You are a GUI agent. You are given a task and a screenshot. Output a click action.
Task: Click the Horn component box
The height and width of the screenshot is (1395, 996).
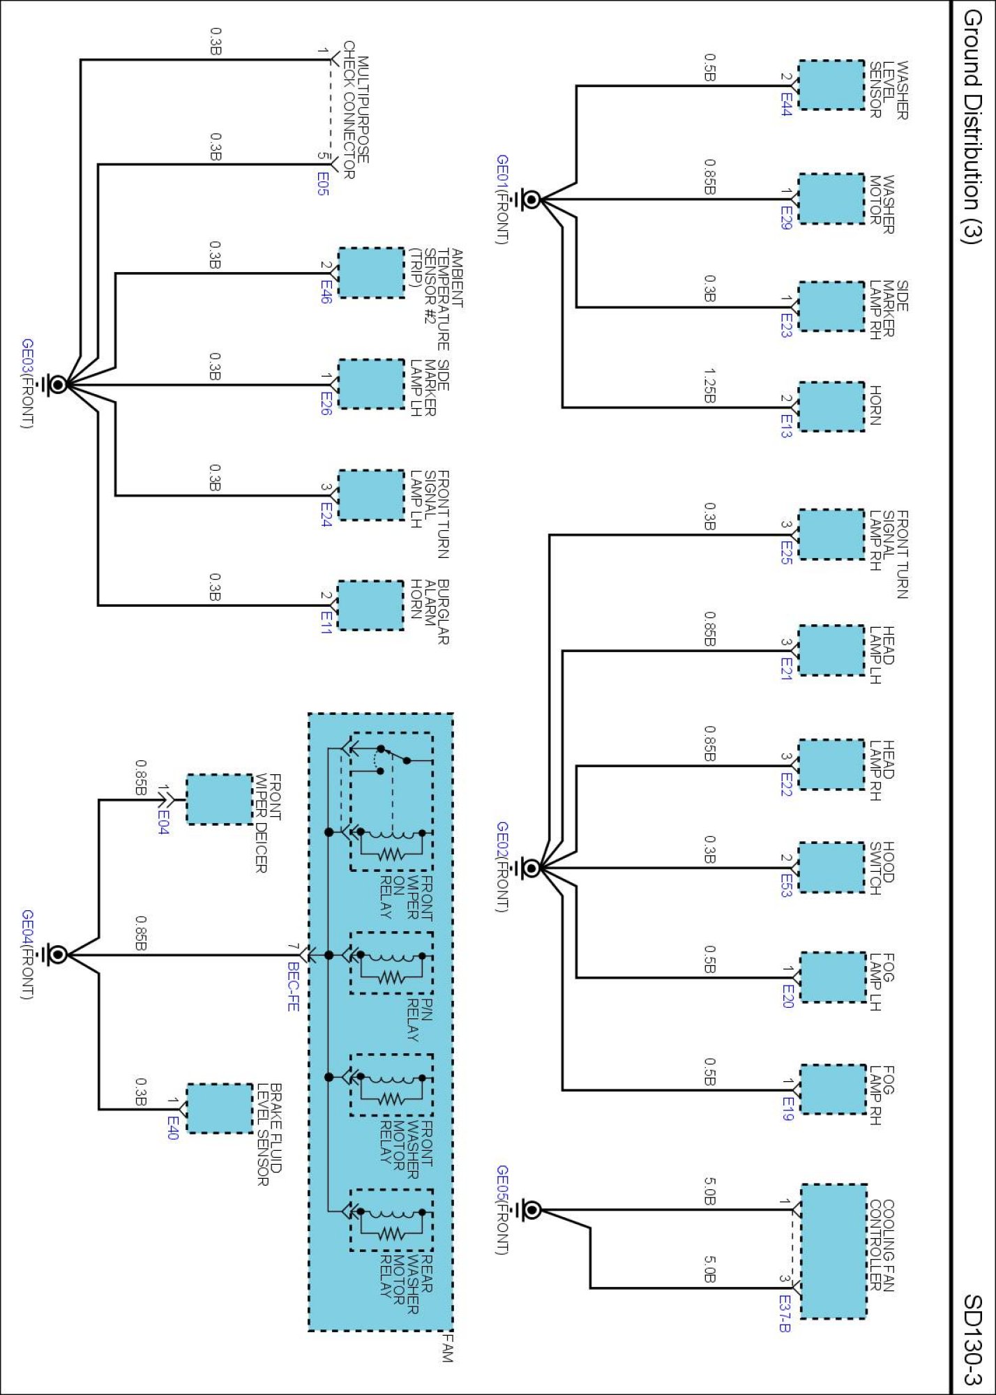pos(831,407)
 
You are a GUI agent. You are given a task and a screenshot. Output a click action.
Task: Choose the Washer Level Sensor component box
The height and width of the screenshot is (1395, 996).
pos(831,85)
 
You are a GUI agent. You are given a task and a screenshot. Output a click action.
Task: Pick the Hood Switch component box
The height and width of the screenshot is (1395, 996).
pos(831,868)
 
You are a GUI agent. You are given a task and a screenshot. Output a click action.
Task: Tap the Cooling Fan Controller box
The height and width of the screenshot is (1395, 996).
pos(833,1251)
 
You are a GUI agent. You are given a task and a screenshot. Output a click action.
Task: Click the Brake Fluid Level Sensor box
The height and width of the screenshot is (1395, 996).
pos(220,1108)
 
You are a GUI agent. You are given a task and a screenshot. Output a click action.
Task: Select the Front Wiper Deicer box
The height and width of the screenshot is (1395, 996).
pos(220,799)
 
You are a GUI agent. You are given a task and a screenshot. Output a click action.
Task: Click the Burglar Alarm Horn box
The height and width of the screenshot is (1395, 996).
pos(370,605)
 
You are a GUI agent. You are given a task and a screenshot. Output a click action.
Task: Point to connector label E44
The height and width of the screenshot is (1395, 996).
pos(786,105)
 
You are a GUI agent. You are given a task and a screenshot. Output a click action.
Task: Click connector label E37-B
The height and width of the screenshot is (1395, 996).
pos(785,1313)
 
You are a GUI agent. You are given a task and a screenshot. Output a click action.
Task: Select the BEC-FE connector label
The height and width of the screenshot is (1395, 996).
pos(294,987)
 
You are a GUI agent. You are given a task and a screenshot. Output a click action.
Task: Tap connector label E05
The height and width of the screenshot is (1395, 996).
pos(322,183)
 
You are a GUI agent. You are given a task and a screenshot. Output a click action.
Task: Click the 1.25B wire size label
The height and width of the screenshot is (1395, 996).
pos(709,386)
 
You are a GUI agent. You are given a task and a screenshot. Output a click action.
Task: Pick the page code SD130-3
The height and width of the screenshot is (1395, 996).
pos(972,1340)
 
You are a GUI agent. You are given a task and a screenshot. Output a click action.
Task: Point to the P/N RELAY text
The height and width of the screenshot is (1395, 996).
pos(420,1020)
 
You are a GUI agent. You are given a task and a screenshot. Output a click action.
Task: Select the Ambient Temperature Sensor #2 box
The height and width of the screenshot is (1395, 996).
pos(370,273)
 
